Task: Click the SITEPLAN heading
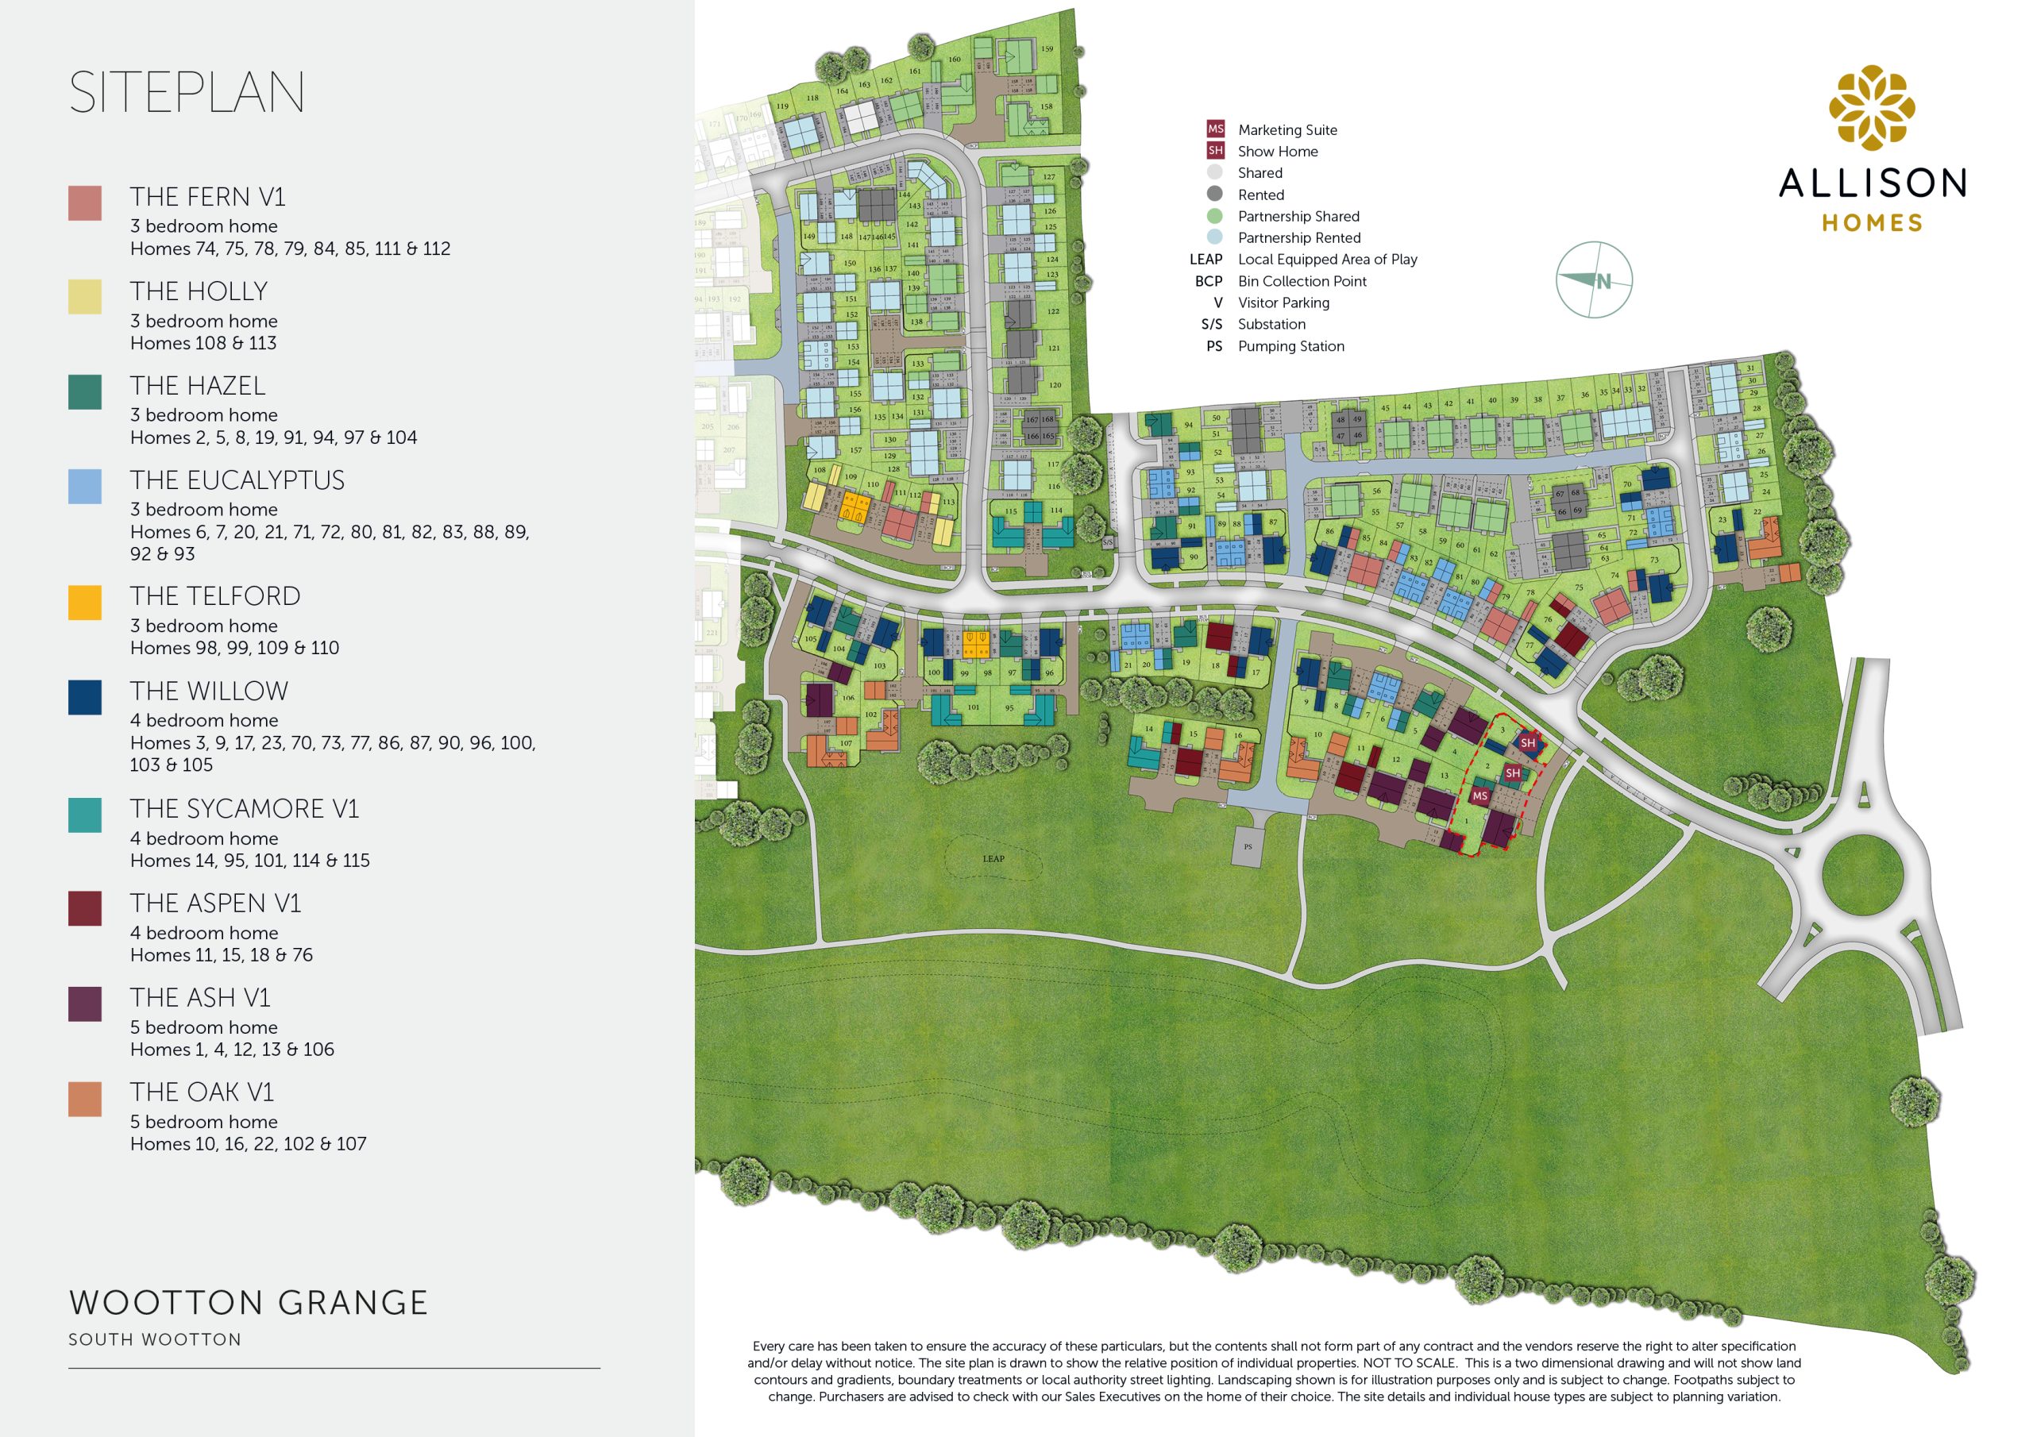[x=187, y=93]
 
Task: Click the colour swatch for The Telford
[x=85, y=602]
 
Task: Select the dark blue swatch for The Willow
[x=85, y=697]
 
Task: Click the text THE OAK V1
[x=202, y=1092]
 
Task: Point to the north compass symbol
[x=1594, y=279]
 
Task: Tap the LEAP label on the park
[x=993, y=858]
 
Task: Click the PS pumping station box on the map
[x=1248, y=847]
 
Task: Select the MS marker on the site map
[x=1479, y=796]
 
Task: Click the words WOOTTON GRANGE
[x=249, y=1302]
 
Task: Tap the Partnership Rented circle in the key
[x=1215, y=237]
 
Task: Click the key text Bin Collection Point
[x=1302, y=281]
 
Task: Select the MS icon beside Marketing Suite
[x=1215, y=129]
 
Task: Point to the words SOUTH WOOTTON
[x=155, y=1339]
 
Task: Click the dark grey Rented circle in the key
[x=1215, y=194]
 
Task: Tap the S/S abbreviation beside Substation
[x=1211, y=324]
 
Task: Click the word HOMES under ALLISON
[x=1872, y=223]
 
